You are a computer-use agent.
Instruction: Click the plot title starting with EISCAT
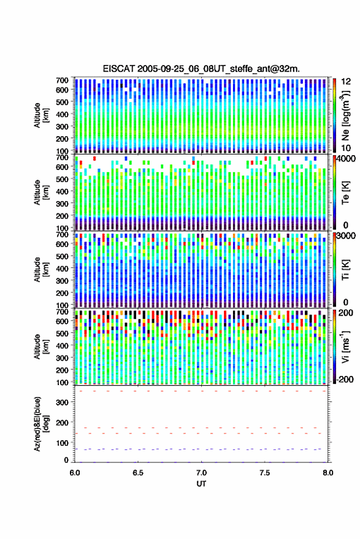(x=201, y=69)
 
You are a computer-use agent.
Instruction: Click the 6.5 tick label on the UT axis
(x=138, y=473)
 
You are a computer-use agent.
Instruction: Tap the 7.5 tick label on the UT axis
(x=265, y=473)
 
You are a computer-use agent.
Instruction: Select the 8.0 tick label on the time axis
(x=328, y=473)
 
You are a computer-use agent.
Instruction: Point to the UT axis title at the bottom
(x=201, y=484)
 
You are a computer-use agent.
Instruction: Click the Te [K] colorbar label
(x=345, y=193)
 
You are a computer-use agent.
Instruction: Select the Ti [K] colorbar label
(x=345, y=270)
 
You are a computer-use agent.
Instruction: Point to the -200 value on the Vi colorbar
(x=345, y=379)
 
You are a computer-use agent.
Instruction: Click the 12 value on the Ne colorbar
(x=346, y=82)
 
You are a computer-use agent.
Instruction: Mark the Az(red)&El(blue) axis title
(x=41, y=424)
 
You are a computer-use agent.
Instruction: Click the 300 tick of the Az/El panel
(x=62, y=402)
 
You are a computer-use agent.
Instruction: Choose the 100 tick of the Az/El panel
(x=62, y=443)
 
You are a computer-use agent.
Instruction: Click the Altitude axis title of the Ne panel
(x=41, y=115)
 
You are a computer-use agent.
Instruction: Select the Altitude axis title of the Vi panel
(x=41, y=346)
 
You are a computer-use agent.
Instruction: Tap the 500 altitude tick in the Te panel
(x=62, y=179)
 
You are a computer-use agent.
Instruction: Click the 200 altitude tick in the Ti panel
(x=62, y=293)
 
